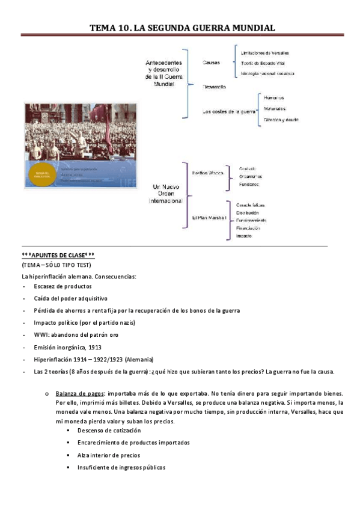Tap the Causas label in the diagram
tap(211, 62)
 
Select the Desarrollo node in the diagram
tap(214, 87)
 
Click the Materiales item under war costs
tap(275, 108)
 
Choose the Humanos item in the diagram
tap(273, 97)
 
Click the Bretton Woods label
tap(207, 173)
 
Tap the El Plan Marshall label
tap(209, 217)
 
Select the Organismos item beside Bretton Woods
tap(251, 176)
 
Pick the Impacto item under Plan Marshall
tap(244, 236)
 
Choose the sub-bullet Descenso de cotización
tap(109, 431)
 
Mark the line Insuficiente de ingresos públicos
tap(121, 467)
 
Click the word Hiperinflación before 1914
tap(54, 359)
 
